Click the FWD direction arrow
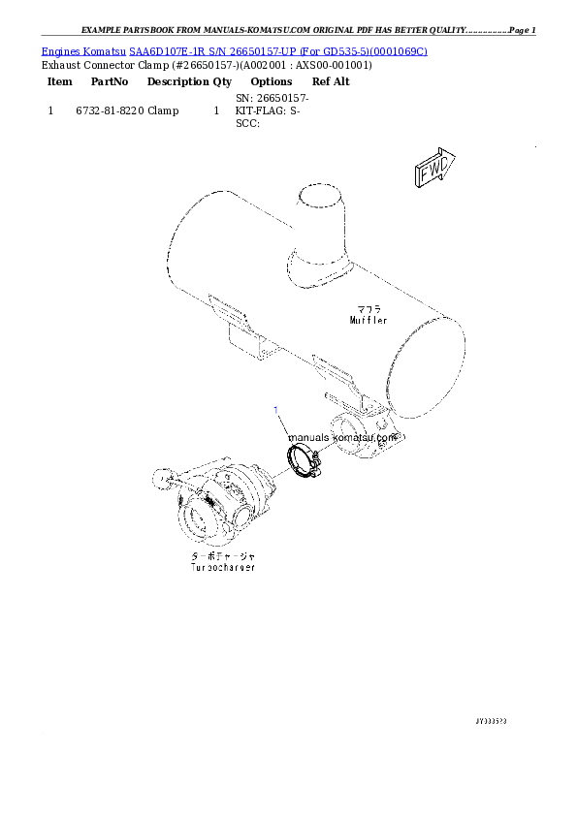434,170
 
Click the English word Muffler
369,319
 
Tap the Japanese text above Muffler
369,309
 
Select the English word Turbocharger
223,568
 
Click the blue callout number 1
276,410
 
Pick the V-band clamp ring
302,458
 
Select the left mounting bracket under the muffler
243,333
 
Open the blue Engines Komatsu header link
234,49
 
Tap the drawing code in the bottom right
492,721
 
